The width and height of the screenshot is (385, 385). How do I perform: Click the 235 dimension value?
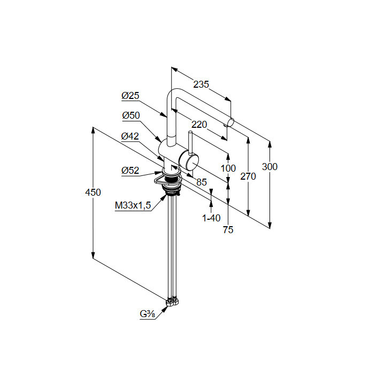point(201,84)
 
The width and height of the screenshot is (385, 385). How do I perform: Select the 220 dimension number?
point(199,125)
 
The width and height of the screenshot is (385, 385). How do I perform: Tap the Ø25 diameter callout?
point(130,96)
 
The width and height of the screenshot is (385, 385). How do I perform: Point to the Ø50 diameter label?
point(130,115)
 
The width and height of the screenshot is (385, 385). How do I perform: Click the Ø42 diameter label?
point(130,136)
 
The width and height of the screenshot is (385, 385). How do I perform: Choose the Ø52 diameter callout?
point(130,171)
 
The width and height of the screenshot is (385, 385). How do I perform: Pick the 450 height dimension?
point(93,192)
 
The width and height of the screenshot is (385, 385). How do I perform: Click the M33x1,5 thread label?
point(133,205)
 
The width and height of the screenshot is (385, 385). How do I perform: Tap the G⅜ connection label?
point(148,314)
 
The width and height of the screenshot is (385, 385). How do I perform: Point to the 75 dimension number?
point(228,230)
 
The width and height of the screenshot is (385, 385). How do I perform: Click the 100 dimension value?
point(228,168)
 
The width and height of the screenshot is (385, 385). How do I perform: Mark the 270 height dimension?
point(248,176)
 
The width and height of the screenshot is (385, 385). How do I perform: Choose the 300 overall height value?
point(270,167)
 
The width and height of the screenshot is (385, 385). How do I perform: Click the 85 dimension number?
point(201,182)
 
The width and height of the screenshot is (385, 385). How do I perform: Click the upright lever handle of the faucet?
point(189,142)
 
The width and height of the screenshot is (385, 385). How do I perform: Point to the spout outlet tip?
point(230,122)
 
